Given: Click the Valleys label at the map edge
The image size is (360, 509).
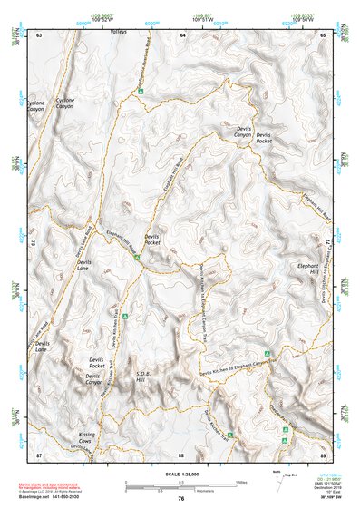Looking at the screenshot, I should [x=119, y=32].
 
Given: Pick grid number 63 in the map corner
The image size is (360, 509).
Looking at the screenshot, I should [x=38, y=34].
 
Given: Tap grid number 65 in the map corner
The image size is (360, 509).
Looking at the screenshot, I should [x=324, y=34].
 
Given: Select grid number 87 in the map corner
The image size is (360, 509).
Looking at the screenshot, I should [x=38, y=454].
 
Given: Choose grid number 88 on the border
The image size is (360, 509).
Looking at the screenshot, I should [x=181, y=454].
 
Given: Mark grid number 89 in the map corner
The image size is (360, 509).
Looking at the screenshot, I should [x=324, y=454].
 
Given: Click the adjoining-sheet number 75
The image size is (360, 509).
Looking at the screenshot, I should [x=31, y=243].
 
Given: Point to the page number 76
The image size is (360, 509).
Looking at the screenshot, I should [x=181, y=499].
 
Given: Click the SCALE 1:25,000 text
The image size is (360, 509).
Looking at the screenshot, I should [x=181, y=472].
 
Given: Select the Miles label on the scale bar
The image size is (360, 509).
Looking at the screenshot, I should [x=239, y=481].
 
